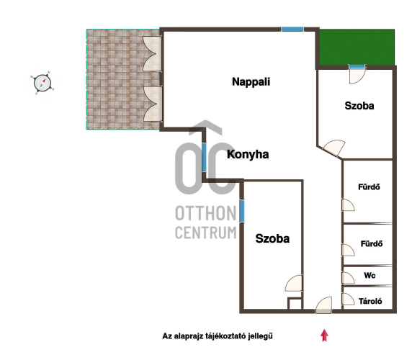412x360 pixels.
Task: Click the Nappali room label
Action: [x=251, y=82]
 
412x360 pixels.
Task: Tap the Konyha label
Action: [x=248, y=154]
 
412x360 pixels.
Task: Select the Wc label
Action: [x=370, y=276]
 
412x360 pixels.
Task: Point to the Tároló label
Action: [x=370, y=301]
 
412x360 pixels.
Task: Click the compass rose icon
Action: [x=42, y=83]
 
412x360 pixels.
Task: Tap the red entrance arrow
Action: [x=325, y=336]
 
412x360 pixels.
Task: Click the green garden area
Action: [x=357, y=48]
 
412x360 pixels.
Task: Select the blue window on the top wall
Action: [x=292, y=29]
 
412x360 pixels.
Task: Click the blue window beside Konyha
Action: [x=204, y=157]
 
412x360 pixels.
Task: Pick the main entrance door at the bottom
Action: [x=323, y=305]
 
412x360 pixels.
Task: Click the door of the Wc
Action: [x=348, y=278]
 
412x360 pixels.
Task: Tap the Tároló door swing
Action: [x=348, y=299]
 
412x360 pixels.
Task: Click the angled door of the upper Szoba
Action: [x=333, y=148]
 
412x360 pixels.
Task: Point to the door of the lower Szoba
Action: [x=294, y=283]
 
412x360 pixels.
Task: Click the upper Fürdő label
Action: [x=369, y=187]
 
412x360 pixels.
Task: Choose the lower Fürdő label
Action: [x=372, y=244]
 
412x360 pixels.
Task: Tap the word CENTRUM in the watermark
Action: [x=206, y=233]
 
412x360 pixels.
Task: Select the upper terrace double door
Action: [x=152, y=54]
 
